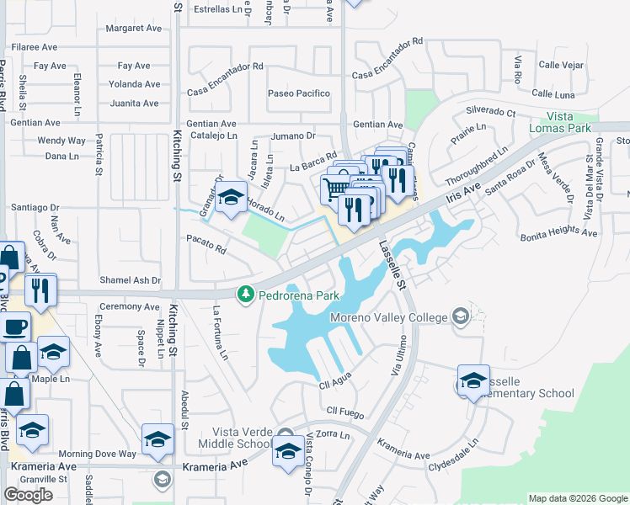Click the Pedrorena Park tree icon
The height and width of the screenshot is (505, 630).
pos(246,295)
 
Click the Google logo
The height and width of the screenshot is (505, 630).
pos(28,495)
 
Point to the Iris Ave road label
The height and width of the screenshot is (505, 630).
pos(464,192)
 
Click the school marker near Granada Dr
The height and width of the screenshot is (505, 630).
pos(231,198)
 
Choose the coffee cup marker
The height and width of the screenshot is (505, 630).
pos(15,326)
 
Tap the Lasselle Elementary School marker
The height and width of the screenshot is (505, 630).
pos(473,380)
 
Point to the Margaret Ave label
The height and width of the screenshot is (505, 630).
pos(133,29)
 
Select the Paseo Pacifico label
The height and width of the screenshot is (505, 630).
pos(299,93)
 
